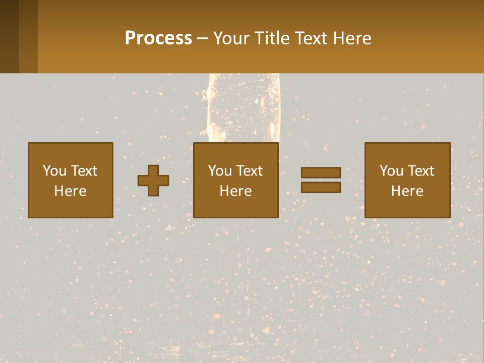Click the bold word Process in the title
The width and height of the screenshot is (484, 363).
[158, 38]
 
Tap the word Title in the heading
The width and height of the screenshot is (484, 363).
[270, 38]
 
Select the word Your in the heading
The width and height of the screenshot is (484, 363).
[231, 38]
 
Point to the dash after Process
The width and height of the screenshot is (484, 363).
[203, 38]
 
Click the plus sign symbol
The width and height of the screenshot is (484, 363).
[153, 180]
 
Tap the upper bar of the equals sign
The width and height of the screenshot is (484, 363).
[321, 172]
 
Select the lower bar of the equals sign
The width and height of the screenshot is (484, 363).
[321, 187]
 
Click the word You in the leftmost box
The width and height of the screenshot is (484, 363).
[54, 171]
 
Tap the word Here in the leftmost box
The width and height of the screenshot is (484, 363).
[70, 191]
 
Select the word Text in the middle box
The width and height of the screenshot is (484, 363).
[249, 171]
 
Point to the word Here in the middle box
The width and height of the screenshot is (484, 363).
[235, 191]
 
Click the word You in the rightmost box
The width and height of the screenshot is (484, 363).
[391, 171]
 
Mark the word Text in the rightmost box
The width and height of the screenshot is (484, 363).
[420, 171]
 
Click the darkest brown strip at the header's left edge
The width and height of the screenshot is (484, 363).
[9, 36]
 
